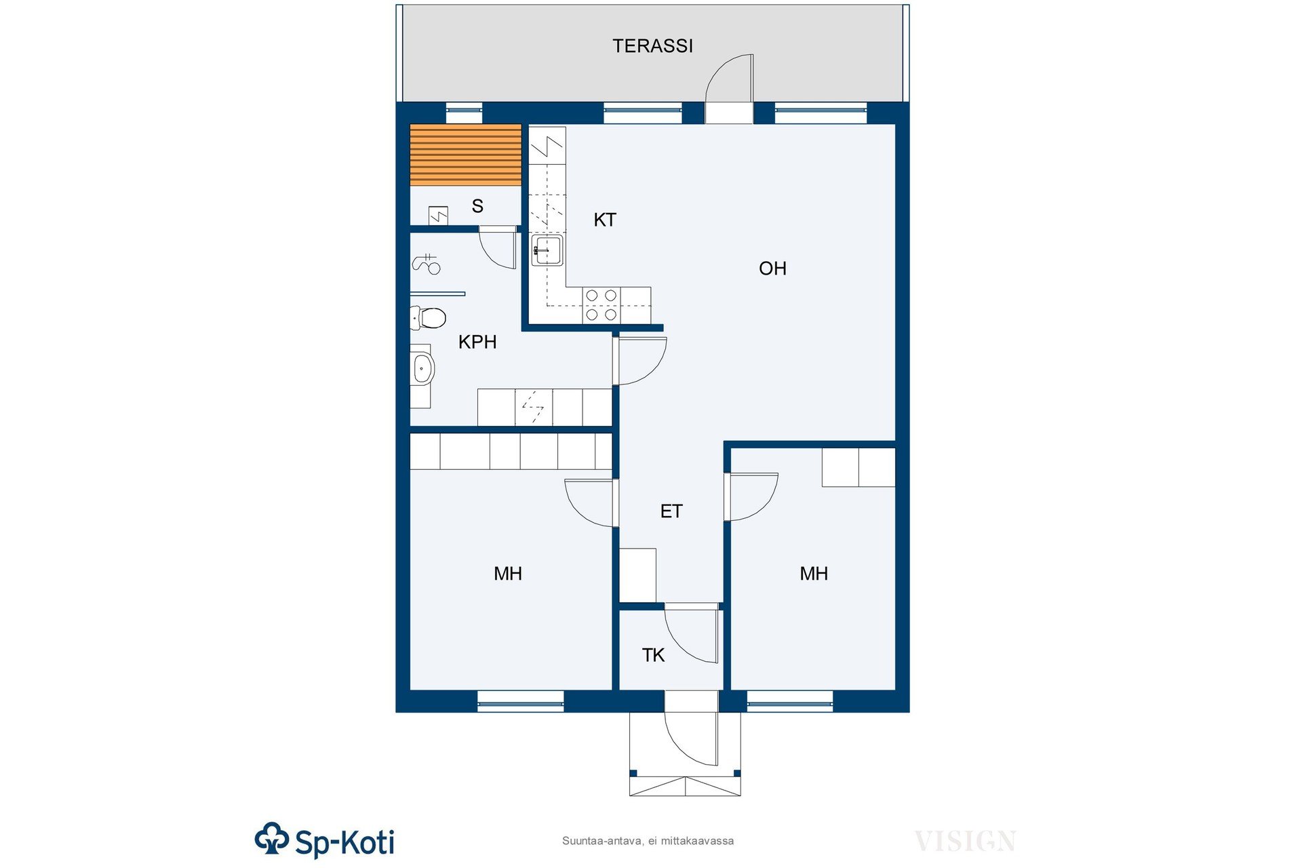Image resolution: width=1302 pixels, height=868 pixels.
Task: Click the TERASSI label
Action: [x=652, y=45]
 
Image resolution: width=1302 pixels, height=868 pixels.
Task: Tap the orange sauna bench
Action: [x=465, y=155]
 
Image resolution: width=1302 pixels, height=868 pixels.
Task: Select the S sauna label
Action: [x=477, y=206]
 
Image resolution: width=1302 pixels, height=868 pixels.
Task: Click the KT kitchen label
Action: [x=605, y=220]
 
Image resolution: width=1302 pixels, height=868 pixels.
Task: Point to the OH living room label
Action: [x=772, y=269]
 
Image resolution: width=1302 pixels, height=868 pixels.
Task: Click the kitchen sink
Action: [x=547, y=250]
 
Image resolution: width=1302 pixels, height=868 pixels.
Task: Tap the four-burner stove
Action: [x=601, y=305]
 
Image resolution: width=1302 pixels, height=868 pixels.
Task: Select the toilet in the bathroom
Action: [x=428, y=317]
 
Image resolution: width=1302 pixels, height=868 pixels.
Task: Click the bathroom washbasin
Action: [x=422, y=369]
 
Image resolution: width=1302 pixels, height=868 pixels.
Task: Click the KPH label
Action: [x=477, y=342]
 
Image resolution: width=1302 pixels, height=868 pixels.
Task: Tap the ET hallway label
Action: [x=671, y=511]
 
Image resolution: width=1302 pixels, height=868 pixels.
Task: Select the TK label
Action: [x=653, y=655]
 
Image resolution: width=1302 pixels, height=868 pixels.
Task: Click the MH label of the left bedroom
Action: [x=508, y=574]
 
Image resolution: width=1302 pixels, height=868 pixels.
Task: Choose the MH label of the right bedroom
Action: [x=814, y=574]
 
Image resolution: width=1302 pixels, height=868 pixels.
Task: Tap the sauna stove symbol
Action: [x=439, y=216]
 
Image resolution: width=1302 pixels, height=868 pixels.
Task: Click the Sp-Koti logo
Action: [x=324, y=841]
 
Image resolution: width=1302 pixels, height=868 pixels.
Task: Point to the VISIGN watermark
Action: [x=965, y=842]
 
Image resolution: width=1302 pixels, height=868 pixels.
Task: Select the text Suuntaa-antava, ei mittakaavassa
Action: [x=648, y=841]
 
